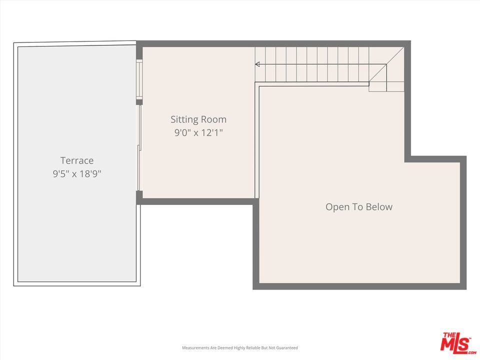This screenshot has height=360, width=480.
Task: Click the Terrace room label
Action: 77,160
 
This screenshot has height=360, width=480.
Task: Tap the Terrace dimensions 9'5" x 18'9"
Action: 77,174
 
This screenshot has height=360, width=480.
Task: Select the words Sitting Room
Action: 198,119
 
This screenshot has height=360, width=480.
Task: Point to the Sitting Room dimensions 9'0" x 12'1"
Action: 198,133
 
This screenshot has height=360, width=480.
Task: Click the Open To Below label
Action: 359,207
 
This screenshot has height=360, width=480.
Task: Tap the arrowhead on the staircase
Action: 257,64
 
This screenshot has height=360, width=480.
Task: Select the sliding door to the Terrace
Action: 139,148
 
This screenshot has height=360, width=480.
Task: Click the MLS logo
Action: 457,343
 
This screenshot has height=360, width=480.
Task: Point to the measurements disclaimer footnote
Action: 239,348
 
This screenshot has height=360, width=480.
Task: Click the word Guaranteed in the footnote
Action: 287,348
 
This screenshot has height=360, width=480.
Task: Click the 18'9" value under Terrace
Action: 90,174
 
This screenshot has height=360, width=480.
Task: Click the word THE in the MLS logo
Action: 449,335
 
